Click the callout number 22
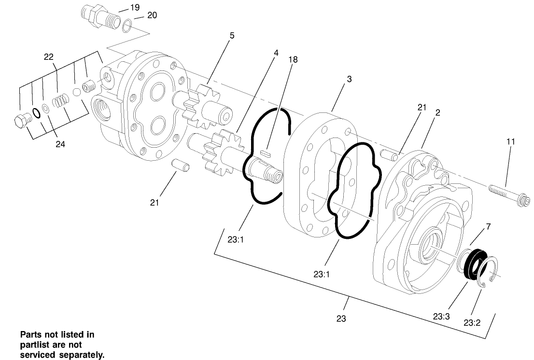48,56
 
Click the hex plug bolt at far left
22,120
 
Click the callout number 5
232,35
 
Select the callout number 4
276,52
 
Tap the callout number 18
293,59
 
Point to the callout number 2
437,112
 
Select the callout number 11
510,141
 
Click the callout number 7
488,226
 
